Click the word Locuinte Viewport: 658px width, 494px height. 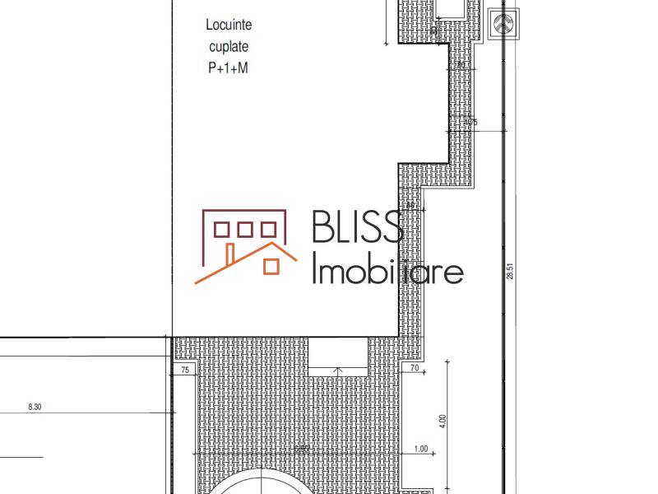click(229, 26)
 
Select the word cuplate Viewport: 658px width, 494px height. click(229, 47)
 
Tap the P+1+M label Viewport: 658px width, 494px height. click(228, 69)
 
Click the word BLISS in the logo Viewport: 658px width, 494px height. click(356, 226)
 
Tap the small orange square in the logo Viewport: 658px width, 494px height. click(269, 266)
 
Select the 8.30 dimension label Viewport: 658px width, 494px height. click(35, 407)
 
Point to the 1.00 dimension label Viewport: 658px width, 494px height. click(422, 449)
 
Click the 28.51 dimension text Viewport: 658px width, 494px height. click(510, 272)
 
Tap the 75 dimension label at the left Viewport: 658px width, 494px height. click(184, 371)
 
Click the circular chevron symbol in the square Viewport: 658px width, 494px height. click(503, 23)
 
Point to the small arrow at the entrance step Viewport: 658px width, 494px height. click(337, 371)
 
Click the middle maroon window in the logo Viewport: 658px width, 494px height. click(245, 229)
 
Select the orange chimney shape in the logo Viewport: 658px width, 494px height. click(232, 251)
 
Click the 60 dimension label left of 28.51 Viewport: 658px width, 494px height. click(410, 206)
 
